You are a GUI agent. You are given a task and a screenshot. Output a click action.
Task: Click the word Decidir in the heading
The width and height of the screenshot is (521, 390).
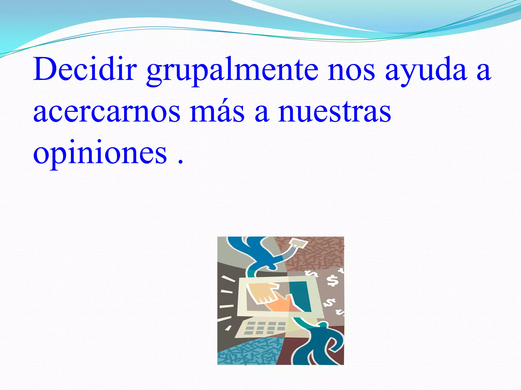(x=85, y=69)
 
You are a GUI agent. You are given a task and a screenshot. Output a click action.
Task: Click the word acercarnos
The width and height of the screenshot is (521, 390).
(x=107, y=112)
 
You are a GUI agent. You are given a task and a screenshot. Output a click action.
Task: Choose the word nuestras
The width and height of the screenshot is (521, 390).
(x=334, y=112)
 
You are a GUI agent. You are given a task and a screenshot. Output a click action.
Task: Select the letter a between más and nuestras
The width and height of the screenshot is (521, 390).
(x=262, y=113)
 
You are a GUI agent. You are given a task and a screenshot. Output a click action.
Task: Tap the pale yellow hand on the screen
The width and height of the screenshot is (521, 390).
(x=262, y=292)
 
